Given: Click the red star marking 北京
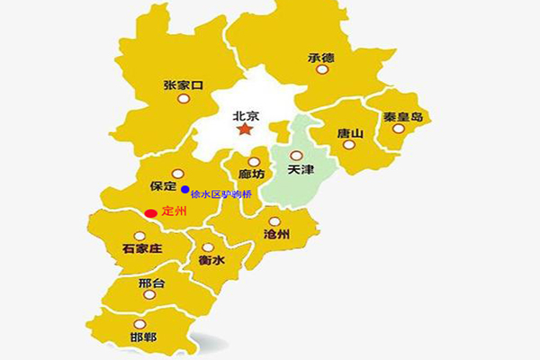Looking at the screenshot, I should click(x=245, y=130).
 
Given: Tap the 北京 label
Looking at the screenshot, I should click(x=245, y=115).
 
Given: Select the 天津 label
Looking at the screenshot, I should click(x=301, y=169).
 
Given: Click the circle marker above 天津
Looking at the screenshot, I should click(x=296, y=155).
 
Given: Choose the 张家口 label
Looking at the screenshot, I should click(x=184, y=85).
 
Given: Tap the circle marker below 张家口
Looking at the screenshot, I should click(x=184, y=100).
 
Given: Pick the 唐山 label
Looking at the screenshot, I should click(x=350, y=134).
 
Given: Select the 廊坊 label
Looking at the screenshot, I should click(x=252, y=175).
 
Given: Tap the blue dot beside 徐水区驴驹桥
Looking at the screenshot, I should click(x=184, y=189).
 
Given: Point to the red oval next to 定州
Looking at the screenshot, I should click(x=151, y=213).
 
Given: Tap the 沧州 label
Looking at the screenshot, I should click(x=278, y=234).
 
